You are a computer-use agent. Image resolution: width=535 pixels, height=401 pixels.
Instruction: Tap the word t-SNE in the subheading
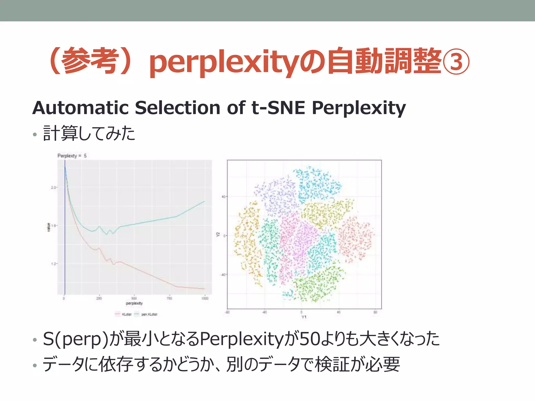tap(278, 108)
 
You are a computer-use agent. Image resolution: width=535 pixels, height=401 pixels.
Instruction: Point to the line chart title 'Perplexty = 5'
tap(72, 156)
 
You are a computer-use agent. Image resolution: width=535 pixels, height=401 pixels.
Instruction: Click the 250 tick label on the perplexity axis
tap(99, 298)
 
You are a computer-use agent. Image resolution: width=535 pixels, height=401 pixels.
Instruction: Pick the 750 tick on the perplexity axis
tap(169, 298)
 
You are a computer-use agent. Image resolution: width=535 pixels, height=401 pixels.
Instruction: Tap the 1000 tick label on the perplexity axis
tap(205, 298)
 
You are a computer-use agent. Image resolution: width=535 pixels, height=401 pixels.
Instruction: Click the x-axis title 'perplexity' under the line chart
tap(134, 303)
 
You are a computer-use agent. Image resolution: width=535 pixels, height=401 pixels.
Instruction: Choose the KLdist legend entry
tap(124, 314)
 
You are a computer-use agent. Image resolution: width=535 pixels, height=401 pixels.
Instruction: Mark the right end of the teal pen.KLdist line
tap(204, 201)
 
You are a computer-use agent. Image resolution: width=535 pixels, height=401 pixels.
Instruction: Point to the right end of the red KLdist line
tap(204, 289)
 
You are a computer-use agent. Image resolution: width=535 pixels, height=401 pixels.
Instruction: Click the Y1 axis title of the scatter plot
tap(304, 317)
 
